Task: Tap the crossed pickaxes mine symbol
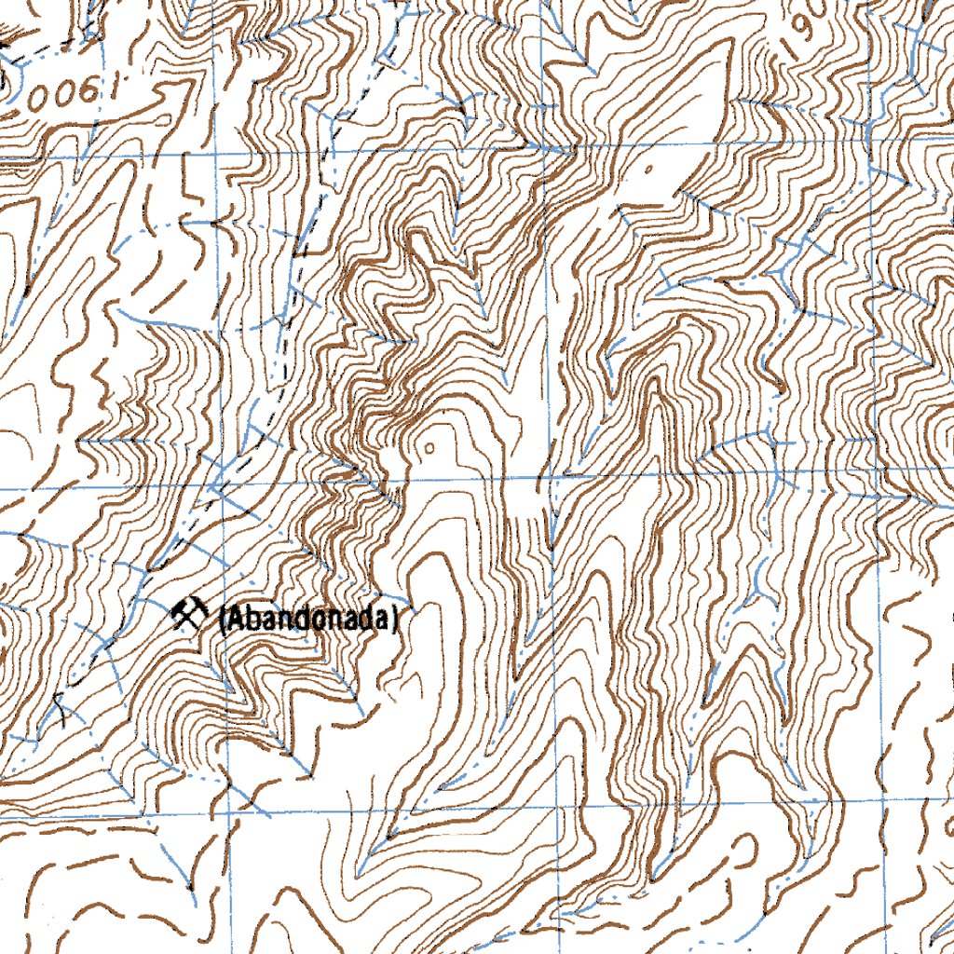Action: click(190, 614)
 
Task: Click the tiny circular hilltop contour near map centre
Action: click(429, 448)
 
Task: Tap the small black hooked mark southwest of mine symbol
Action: click(61, 708)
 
